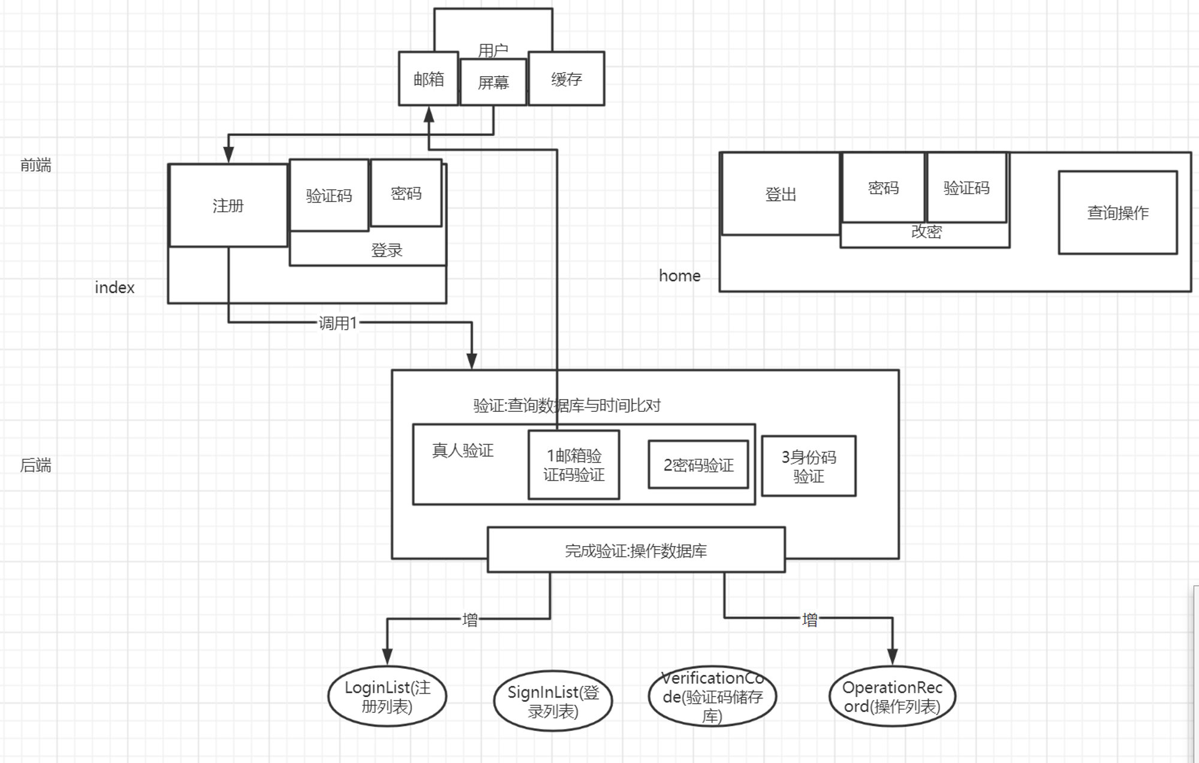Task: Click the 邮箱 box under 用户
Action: point(429,79)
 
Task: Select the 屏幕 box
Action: point(493,82)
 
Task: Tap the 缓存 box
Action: point(567,79)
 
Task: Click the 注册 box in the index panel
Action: point(228,206)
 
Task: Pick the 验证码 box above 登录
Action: point(329,195)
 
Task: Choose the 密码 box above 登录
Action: point(406,193)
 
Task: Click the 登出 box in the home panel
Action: point(781,194)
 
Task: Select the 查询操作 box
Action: point(1118,213)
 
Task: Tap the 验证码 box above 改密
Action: point(966,188)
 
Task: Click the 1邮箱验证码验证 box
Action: point(574,465)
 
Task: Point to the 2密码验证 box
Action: point(698,465)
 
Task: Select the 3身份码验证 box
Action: point(809,466)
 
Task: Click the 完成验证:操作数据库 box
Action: point(636,550)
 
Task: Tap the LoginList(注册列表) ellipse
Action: point(387,696)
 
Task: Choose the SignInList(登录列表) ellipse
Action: point(553,701)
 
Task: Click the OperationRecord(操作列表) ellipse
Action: point(892,696)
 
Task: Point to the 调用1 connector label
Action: point(338,323)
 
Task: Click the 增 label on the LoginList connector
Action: point(470,619)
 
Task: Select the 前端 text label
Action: point(36,165)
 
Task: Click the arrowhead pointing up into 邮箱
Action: point(429,114)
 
